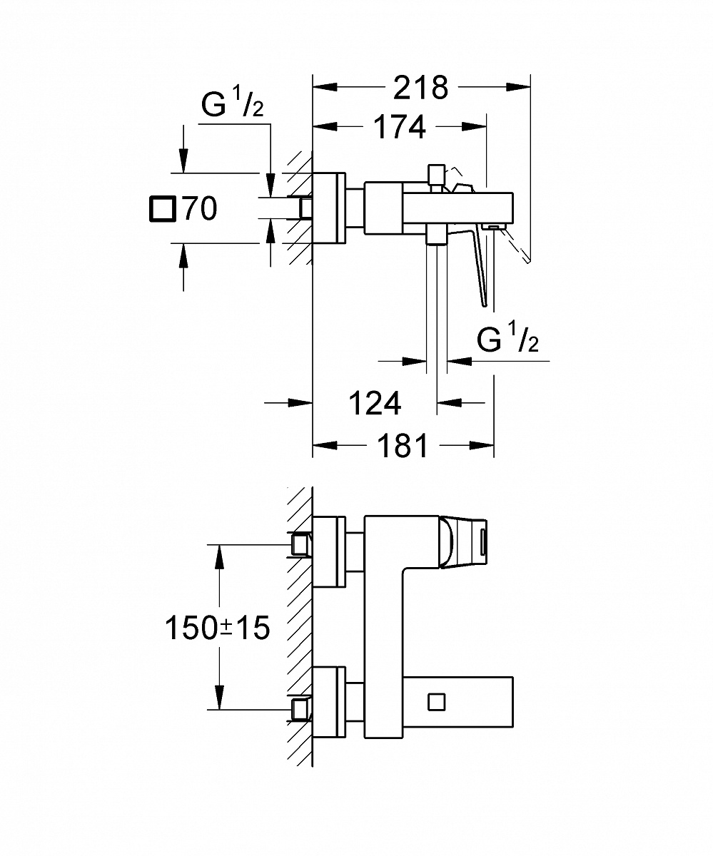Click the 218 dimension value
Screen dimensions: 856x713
[x=421, y=87]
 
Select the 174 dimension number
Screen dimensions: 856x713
[x=400, y=126]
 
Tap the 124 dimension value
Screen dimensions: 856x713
[x=375, y=404]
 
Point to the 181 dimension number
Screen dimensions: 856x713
[x=403, y=446]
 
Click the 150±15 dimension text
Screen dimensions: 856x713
[x=217, y=628]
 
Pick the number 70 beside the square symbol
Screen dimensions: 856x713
[x=199, y=209]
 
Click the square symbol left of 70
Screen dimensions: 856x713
[x=161, y=209]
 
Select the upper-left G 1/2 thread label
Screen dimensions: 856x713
[x=232, y=106]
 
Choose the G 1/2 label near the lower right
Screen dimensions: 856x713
[x=507, y=341]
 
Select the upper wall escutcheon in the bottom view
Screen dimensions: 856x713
[x=329, y=551]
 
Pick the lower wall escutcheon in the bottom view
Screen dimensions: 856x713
[x=329, y=703]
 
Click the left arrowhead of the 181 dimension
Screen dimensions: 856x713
[x=323, y=446]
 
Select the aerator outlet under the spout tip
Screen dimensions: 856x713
[x=493, y=227]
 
